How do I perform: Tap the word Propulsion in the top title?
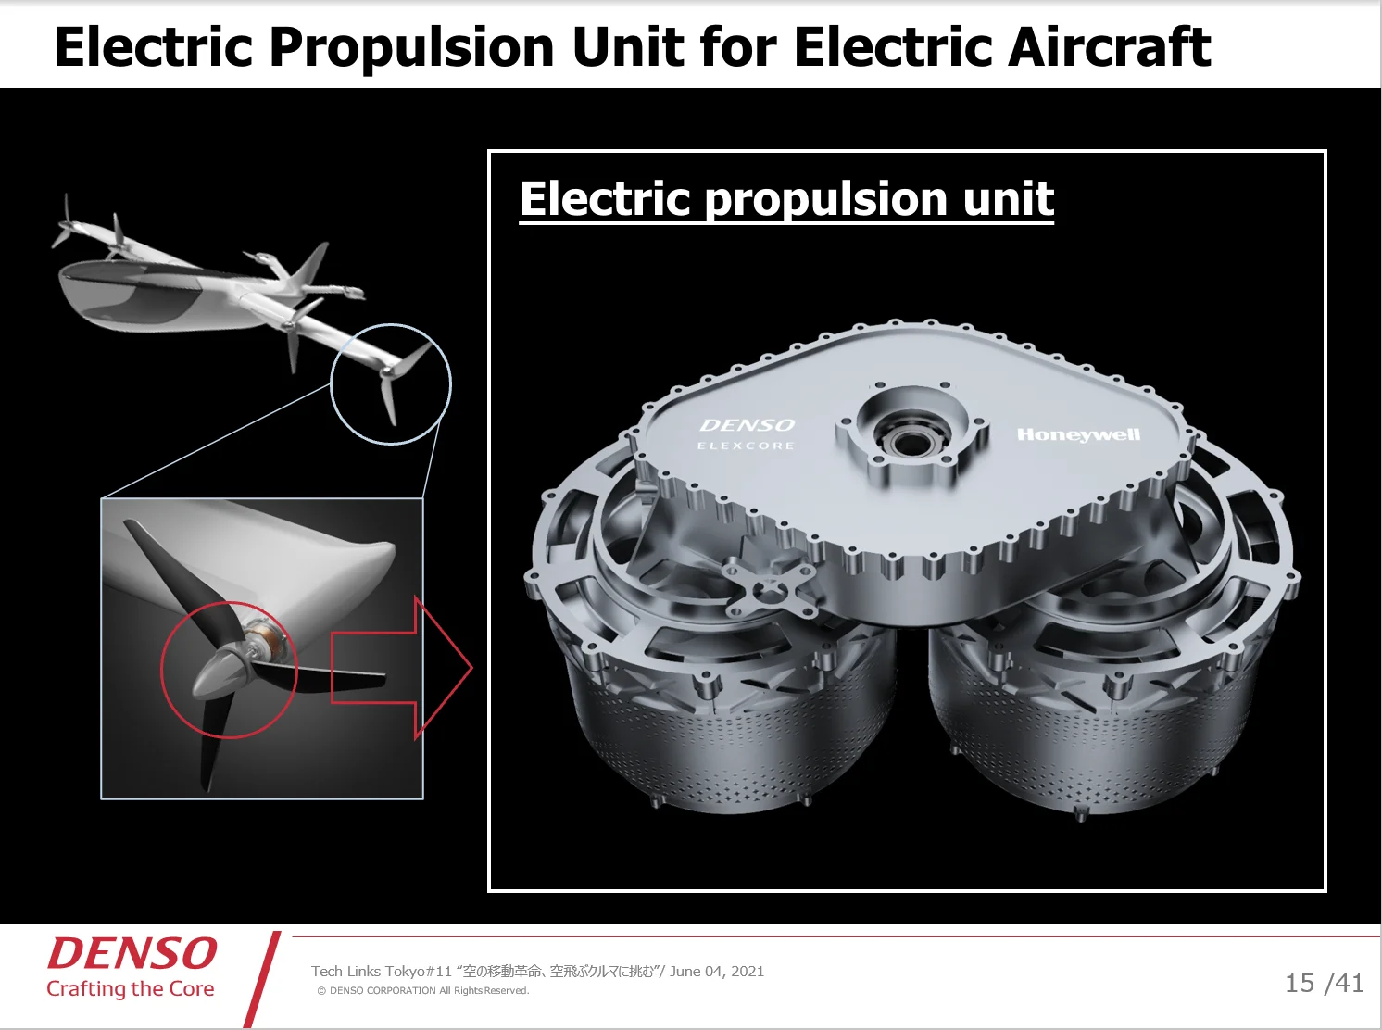coord(412,49)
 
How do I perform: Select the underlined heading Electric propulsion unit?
coord(786,199)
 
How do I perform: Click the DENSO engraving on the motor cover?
coord(747,425)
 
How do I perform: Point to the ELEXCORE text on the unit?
coord(746,446)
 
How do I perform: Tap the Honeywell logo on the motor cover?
coord(1078,434)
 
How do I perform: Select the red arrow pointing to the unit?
coord(401,667)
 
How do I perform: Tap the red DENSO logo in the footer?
coord(132,953)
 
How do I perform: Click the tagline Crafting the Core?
coord(131,989)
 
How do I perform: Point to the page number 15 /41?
coord(1324,983)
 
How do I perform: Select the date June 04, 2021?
coord(717,971)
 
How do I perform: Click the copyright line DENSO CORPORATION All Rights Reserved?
coord(423,990)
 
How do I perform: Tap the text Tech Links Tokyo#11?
coord(382,971)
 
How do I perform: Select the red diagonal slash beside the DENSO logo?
coord(262,979)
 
